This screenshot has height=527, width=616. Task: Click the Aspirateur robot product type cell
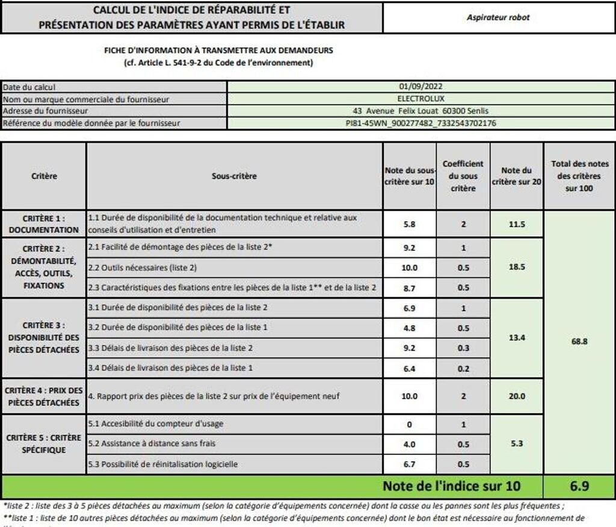point(498,17)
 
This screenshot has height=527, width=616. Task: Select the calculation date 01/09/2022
point(421,87)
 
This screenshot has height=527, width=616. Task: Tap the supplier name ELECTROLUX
point(421,98)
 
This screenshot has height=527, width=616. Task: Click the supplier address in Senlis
point(421,111)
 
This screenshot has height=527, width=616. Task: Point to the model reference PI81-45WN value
point(421,123)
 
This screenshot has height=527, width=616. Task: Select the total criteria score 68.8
point(579,341)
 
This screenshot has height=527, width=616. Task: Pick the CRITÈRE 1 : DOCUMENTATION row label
point(44,224)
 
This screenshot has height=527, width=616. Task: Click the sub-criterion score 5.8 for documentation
point(410,224)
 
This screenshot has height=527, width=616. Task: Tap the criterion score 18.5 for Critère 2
point(517,267)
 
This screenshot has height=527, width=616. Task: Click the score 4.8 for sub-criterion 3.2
point(410,328)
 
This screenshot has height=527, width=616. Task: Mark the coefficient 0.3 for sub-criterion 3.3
point(463,348)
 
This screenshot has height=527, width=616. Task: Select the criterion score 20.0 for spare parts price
point(517,396)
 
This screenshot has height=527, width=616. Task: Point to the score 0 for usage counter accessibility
point(410,424)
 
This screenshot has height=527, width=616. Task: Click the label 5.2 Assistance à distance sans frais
point(152,443)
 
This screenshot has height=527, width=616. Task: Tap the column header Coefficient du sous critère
point(463,176)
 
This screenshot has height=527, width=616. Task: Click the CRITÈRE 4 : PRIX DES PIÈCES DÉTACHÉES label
point(44,396)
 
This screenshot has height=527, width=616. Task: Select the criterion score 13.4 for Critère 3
point(517,338)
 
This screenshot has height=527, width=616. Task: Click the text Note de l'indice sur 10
point(452,485)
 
